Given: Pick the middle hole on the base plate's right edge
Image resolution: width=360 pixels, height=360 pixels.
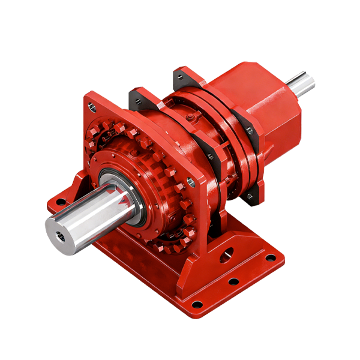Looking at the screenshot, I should coord(234,281).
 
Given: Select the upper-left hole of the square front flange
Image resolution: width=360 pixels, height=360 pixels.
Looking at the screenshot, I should coord(92,107).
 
